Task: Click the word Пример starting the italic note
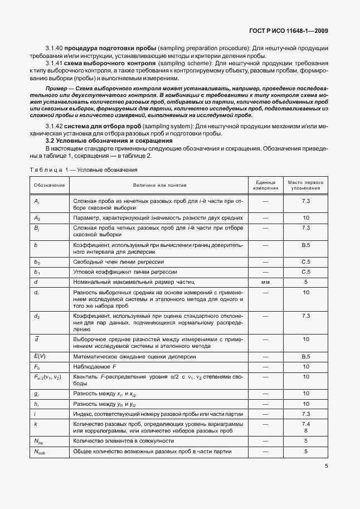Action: coord(56,89)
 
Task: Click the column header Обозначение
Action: coord(49,185)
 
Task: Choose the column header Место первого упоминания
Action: coord(305,185)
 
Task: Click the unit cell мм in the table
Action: coord(266,282)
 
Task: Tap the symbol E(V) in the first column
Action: coord(40,356)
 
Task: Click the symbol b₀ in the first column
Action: coord(37,261)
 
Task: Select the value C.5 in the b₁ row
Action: coord(305,272)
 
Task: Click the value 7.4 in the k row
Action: coord(305,424)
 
